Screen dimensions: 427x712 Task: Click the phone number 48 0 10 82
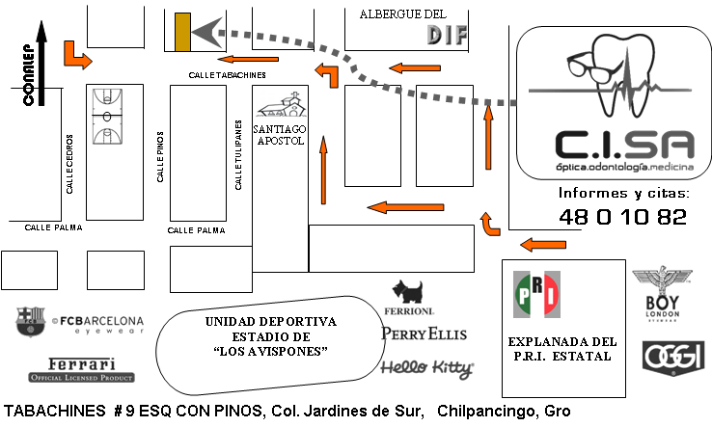pos(622,217)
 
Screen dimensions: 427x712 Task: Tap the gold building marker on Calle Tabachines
pos(182,32)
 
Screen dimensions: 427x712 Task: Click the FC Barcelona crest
pos(30,322)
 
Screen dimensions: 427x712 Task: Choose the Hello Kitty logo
pos(426,367)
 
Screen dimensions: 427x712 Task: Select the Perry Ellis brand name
pos(424,334)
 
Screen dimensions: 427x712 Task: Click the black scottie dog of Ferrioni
pos(407,292)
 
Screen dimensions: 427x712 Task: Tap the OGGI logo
pos(664,354)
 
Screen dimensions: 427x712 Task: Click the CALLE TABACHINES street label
pos(227,74)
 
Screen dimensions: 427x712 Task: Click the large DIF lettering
pos(447,36)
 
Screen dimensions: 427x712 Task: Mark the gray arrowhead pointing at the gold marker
pos(207,32)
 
